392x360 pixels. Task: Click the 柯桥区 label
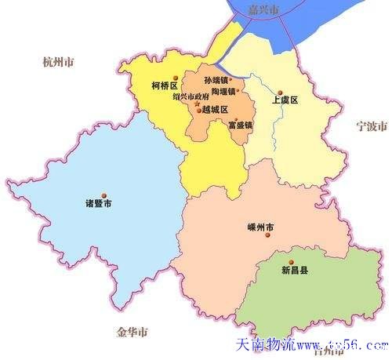(167, 85)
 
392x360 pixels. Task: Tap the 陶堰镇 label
(223, 92)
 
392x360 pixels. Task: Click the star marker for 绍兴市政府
(197, 104)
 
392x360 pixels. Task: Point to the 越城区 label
(214, 111)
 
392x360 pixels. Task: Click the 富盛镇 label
(239, 125)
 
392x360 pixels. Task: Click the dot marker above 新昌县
(291, 262)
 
